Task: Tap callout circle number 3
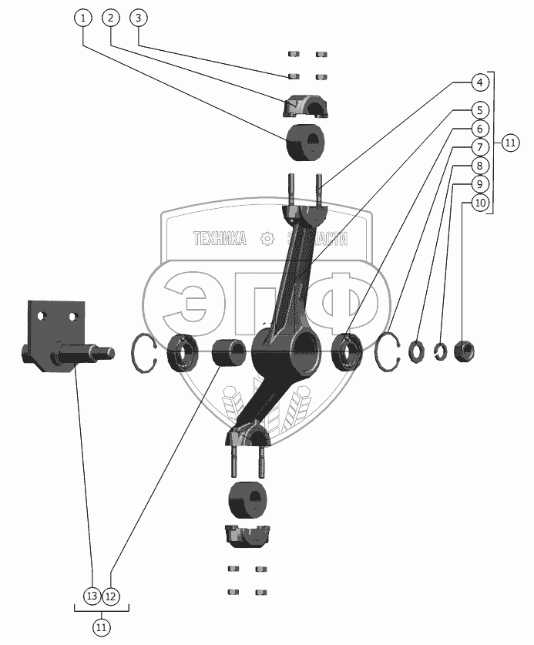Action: click(138, 17)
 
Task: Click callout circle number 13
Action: click(92, 596)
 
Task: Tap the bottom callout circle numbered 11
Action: click(101, 628)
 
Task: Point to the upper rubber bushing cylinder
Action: click(305, 144)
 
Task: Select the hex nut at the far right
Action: click(464, 351)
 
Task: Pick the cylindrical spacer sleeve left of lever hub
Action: click(228, 353)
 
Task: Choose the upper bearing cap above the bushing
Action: click(305, 107)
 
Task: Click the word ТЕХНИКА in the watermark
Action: click(219, 239)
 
